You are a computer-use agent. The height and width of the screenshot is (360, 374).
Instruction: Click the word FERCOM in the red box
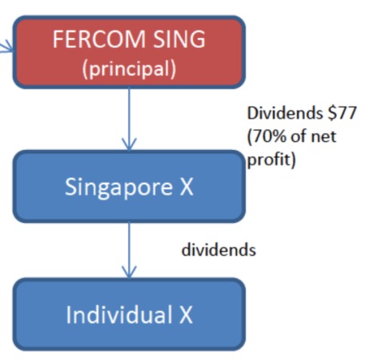pyautogui.click(x=99, y=39)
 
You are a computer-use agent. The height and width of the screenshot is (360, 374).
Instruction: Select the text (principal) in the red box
pyautogui.click(x=129, y=69)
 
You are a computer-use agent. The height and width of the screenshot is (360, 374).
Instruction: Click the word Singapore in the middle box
pyautogui.click(x=119, y=188)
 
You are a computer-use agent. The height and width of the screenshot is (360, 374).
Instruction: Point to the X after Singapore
pyautogui.click(x=186, y=187)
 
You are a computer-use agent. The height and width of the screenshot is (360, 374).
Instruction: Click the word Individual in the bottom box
pyautogui.click(x=119, y=314)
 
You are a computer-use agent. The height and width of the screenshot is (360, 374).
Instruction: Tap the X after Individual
pyautogui.click(x=186, y=314)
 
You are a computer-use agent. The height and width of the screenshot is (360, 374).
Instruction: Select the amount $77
pyautogui.click(x=342, y=113)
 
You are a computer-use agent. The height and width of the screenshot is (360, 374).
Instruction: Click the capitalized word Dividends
pyautogui.click(x=285, y=113)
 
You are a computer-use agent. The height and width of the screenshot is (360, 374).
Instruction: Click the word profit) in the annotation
pyautogui.click(x=271, y=160)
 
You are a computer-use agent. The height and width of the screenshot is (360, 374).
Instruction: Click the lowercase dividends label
pyautogui.click(x=219, y=250)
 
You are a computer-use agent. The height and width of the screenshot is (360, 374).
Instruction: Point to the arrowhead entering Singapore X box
pyautogui.click(x=129, y=144)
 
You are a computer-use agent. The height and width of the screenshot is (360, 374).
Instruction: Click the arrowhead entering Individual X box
pyautogui.click(x=129, y=273)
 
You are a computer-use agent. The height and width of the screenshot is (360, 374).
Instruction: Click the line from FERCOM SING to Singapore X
pyautogui.click(x=129, y=119)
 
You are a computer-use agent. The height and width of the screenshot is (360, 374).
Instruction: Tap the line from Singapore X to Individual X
pyautogui.click(x=129, y=250)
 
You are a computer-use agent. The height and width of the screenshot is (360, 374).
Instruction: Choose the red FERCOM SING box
pyautogui.click(x=129, y=52)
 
